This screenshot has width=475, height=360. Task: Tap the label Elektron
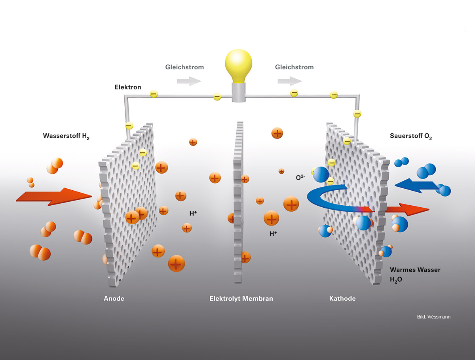127,87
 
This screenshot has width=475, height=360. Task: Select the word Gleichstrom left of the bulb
184,67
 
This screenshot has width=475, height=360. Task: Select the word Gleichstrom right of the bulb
294,67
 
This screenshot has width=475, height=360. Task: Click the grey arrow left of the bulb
189,81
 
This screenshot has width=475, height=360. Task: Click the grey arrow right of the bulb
289,81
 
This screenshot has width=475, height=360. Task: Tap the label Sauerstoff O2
411,136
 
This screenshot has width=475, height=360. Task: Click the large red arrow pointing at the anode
53,197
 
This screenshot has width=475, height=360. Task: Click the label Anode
114,299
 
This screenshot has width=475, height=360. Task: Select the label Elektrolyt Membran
241,299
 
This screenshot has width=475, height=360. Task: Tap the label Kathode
342,299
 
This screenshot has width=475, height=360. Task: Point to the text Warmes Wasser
415,270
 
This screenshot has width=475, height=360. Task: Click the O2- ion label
300,178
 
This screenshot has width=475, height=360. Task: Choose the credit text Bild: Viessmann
433,317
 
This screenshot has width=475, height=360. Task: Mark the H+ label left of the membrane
193,213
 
